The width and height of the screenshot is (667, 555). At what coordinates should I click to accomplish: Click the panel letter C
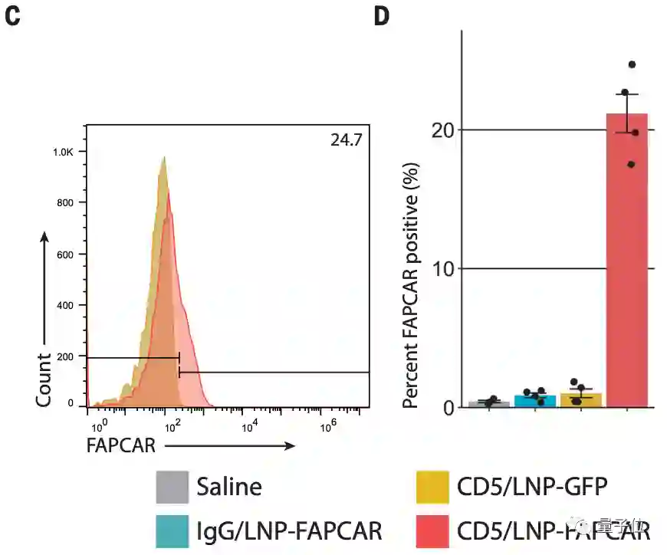12,16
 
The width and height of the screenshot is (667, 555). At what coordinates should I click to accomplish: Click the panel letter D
382,16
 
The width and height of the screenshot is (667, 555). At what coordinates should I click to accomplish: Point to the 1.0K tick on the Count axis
63,153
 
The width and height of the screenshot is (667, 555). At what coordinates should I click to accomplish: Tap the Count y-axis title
44,380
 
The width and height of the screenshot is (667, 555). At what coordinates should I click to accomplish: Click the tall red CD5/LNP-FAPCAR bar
626,261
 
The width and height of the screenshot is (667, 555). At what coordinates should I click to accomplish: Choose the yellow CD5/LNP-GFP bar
580,400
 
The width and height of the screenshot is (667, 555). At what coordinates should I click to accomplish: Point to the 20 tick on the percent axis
442,130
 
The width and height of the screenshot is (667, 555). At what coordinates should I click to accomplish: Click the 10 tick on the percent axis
442,269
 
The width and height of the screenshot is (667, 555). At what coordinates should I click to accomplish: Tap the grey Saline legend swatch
172,488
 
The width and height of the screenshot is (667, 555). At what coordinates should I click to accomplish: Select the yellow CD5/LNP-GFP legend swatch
432,488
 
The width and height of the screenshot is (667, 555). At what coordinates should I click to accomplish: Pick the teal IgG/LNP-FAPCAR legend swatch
172,530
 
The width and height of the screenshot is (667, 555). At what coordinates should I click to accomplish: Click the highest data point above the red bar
632,64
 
